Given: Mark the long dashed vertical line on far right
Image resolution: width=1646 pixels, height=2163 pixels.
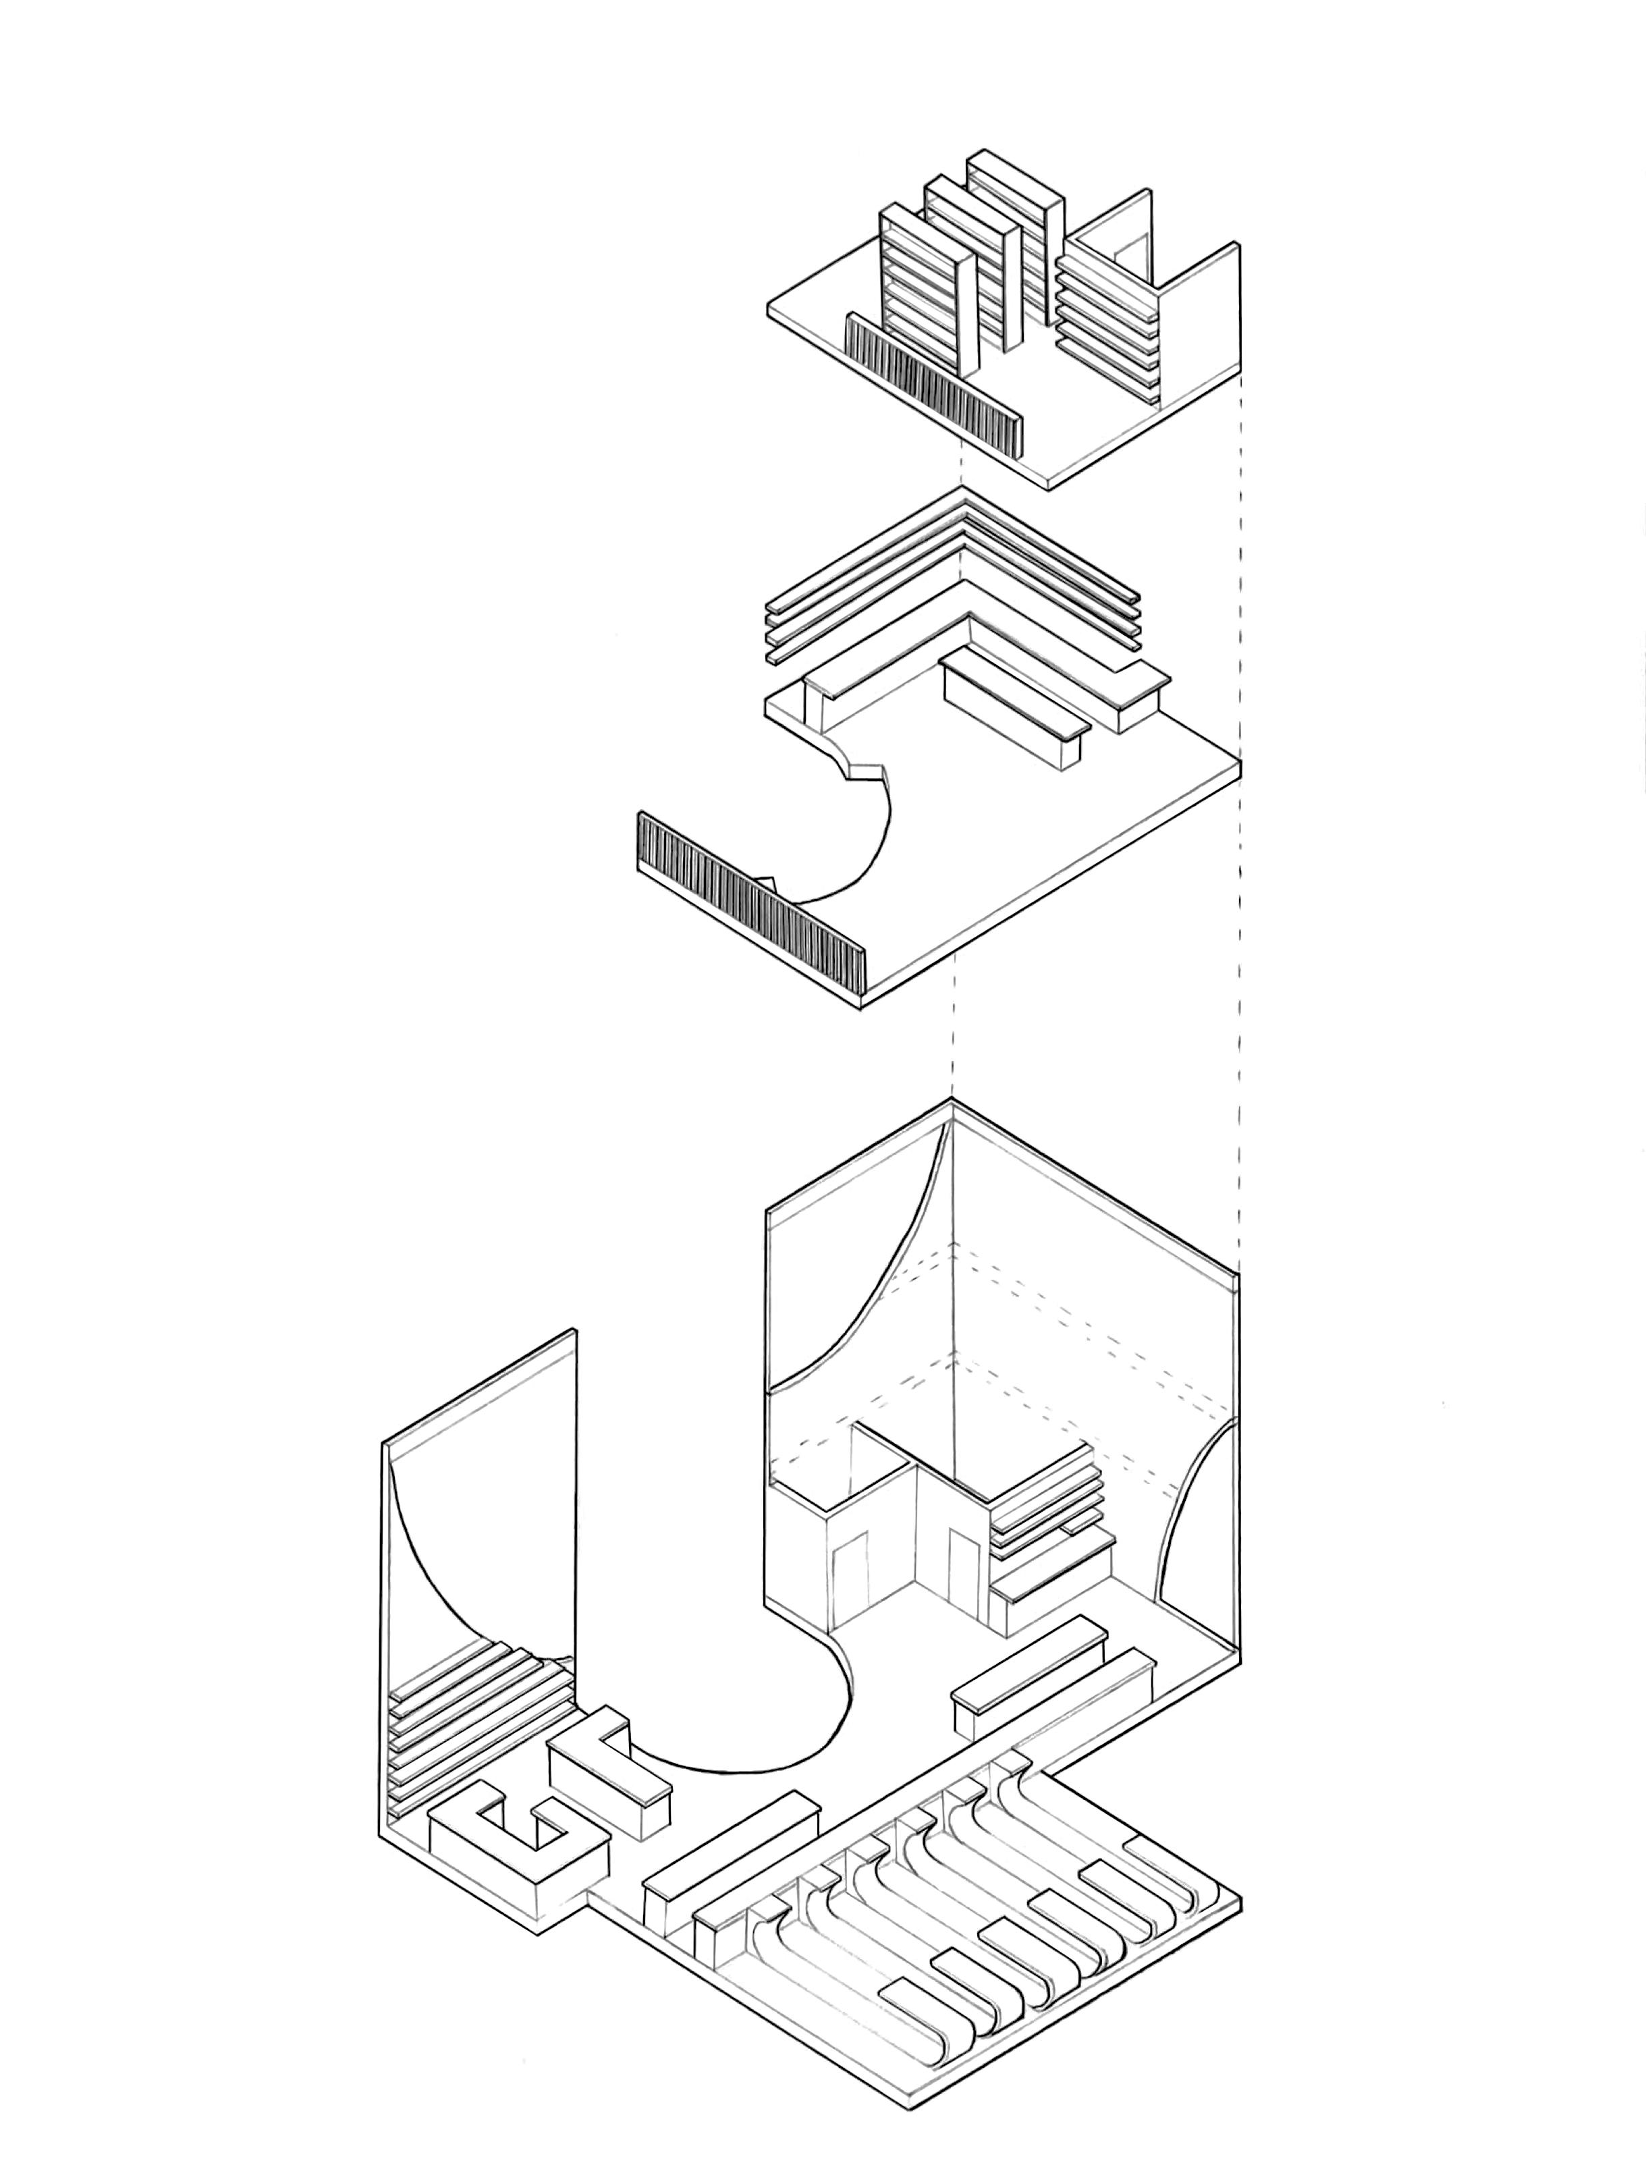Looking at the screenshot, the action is click(1240, 784).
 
